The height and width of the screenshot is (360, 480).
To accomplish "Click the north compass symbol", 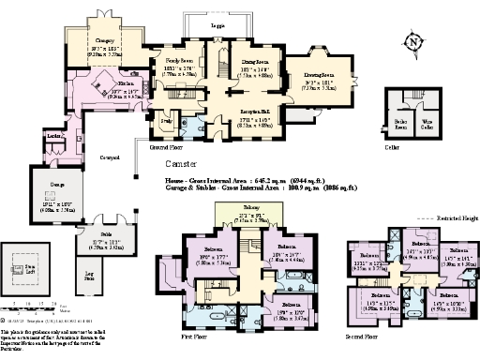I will click(x=412, y=41).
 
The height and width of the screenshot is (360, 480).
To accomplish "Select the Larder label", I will click(x=55, y=138).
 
